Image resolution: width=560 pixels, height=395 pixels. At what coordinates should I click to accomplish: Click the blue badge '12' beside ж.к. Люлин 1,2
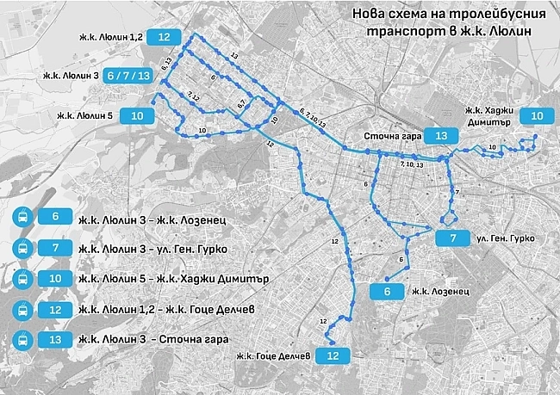pos(164,37)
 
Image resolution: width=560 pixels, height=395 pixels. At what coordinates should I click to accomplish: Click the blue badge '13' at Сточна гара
pos(440,136)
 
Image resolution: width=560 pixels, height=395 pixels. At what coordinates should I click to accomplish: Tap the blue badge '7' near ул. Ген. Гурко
pos(451,238)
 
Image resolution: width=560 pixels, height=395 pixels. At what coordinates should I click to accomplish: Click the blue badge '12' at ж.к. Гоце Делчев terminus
pos(333,354)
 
